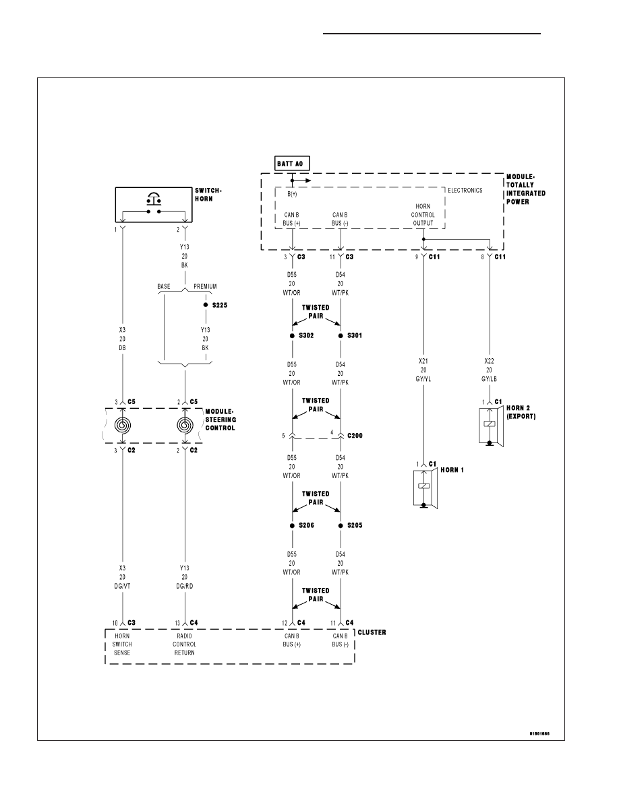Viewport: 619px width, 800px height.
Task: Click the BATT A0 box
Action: coord(292,164)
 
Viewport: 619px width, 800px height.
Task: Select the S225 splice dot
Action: coord(205,305)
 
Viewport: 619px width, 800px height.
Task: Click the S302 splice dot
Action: coord(292,336)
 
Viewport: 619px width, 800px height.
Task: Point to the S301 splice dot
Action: coord(341,336)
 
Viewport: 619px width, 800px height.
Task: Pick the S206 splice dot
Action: coord(292,525)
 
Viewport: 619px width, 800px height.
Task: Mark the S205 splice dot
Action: coord(341,525)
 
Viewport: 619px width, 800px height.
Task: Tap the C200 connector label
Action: coord(355,436)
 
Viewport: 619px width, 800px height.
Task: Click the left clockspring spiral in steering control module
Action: coord(123,425)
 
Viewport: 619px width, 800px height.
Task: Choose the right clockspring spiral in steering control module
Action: coord(185,425)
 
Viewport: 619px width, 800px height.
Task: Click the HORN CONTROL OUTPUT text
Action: coord(423,215)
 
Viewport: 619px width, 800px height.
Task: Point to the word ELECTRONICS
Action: coord(465,191)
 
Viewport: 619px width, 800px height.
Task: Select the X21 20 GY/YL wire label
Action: coord(423,370)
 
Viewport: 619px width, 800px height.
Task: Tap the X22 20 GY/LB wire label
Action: coord(490,370)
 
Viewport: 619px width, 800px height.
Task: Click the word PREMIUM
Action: coord(205,287)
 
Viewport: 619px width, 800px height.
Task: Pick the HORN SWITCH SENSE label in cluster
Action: coord(122,644)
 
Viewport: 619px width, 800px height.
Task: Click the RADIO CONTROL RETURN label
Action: coord(184,644)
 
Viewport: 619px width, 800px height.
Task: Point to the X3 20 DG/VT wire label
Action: coord(123,577)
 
